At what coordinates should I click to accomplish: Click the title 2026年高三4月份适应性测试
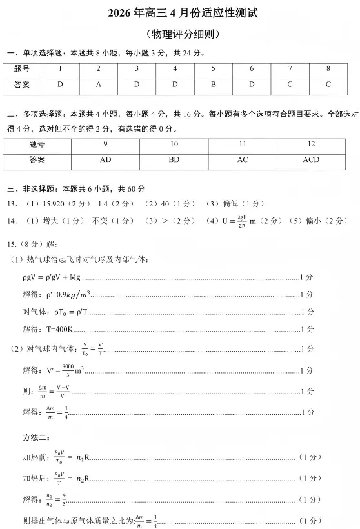180,14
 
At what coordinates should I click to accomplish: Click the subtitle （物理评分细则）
180,34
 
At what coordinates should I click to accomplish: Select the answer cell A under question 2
98,85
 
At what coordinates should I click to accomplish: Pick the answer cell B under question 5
213,85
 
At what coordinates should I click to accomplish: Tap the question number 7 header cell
290,68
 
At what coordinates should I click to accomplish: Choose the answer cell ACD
311,159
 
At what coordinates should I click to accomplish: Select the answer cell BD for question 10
174,159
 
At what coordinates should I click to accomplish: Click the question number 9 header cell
105,144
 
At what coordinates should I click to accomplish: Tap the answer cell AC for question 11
243,159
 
